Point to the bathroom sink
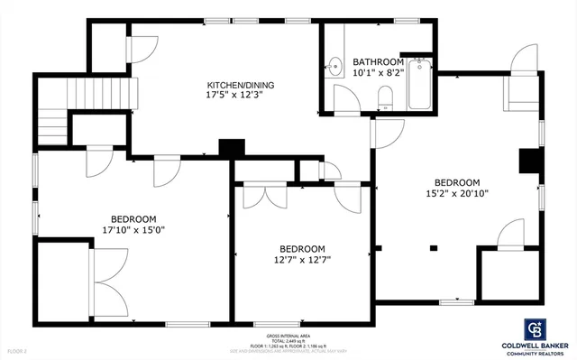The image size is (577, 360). [334, 65]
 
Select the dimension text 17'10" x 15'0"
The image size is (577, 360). [133, 229]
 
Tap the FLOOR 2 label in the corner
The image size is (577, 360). [18, 350]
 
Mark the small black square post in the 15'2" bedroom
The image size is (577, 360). [434, 247]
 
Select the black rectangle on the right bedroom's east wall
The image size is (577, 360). [529, 161]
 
